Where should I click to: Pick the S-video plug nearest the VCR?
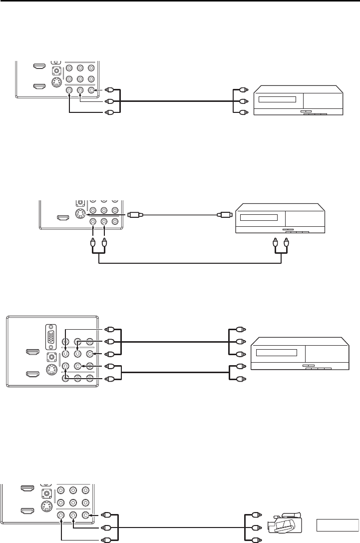223,215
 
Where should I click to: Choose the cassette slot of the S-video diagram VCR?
259,218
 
